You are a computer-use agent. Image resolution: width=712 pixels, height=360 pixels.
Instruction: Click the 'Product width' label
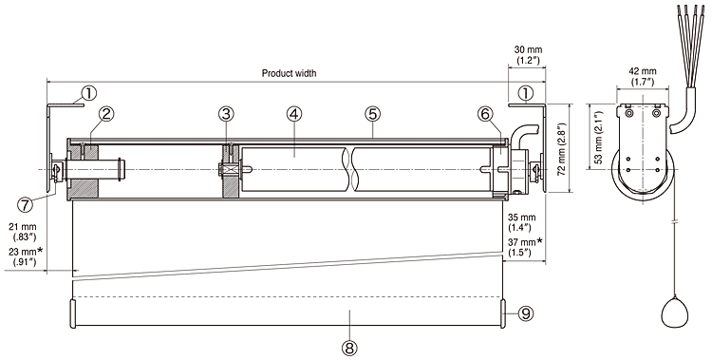tap(289, 73)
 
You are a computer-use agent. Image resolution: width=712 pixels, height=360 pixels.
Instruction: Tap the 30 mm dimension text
tap(528, 50)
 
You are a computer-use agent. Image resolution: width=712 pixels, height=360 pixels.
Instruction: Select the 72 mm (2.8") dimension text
tap(562, 148)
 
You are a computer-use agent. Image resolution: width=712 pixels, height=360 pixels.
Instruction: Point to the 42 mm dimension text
tap(643, 72)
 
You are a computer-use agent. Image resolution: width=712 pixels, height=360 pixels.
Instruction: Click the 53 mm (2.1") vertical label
tap(598, 138)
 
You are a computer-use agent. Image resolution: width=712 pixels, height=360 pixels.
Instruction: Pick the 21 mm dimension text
tap(23, 226)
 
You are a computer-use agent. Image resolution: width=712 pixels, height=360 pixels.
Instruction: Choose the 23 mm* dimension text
tap(26, 251)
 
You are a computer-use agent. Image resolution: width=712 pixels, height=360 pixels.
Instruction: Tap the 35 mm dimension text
tap(522, 218)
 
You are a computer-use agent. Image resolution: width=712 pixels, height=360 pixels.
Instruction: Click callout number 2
tap(106, 114)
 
